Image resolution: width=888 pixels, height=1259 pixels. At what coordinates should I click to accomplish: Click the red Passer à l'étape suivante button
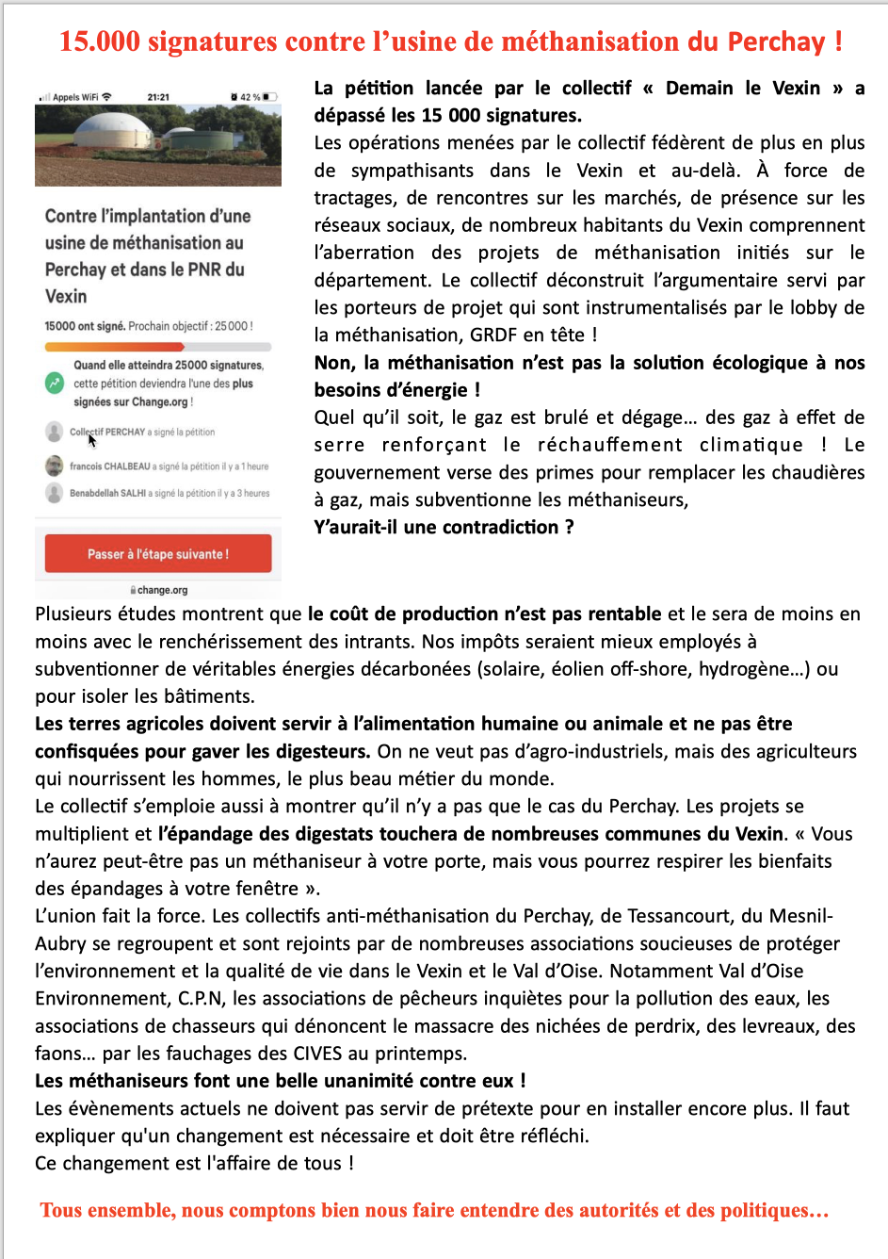click(158, 554)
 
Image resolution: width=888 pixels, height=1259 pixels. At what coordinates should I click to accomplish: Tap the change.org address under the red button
click(160, 590)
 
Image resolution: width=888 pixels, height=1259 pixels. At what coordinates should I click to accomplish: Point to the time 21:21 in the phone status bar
click(158, 97)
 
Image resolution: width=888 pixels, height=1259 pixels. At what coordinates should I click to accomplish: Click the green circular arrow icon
click(55, 384)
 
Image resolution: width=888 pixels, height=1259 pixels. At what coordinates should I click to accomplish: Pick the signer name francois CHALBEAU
click(109, 466)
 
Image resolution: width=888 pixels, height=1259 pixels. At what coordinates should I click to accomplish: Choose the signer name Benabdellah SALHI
click(107, 493)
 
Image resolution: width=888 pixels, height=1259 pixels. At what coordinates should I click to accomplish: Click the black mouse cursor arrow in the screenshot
click(92, 439)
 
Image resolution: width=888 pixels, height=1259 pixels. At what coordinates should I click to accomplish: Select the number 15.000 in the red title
click(99, 41)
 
